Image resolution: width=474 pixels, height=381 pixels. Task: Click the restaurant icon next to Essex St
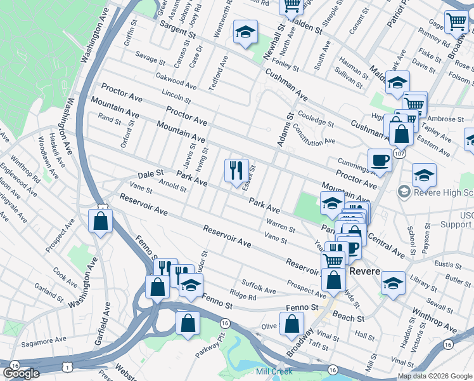236,170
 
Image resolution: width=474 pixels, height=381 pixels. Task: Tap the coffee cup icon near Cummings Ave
380,160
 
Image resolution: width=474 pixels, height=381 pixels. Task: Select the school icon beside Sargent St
245,32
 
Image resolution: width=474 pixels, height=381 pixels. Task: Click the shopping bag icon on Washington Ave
100,221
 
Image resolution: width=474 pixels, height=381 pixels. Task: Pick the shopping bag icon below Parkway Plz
188,323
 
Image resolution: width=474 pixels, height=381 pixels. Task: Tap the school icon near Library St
393,283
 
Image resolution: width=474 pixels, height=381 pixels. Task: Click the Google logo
21,373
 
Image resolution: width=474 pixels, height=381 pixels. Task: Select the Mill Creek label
273,371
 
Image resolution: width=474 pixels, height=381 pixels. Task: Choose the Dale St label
151,173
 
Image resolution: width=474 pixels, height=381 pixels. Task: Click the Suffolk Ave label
258,286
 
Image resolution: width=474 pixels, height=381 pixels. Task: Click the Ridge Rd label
243,296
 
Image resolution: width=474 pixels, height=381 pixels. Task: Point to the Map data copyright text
435,376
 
